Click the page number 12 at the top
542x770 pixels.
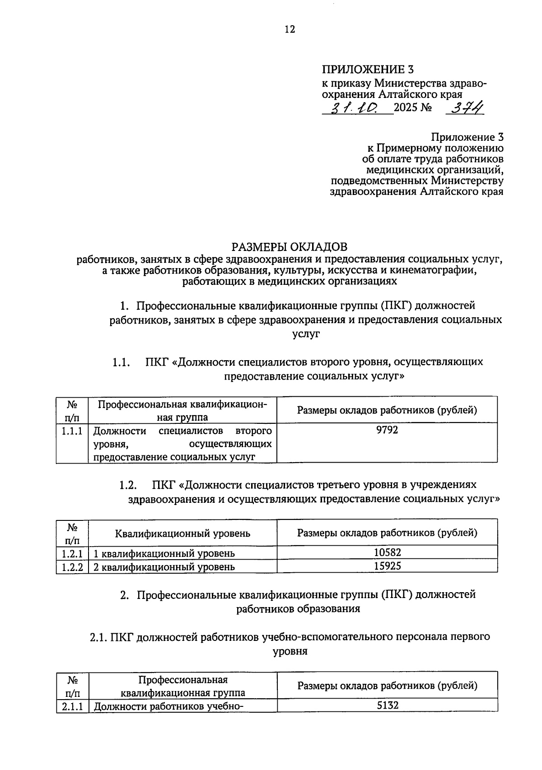tap(290, 29)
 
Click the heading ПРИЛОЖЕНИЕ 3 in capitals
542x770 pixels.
tap(367, 70)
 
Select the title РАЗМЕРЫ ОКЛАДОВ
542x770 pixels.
tap(290, 247)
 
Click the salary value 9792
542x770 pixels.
tap(387, 430)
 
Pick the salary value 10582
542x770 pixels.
tap(387, 552)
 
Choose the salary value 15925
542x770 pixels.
tap(387, 566)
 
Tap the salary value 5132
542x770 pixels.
tap(388, 705)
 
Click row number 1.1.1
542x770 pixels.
tap(72, 431)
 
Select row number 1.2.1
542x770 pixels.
tap(72, 553)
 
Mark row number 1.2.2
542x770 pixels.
tap(72, 567)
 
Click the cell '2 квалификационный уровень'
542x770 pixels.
tap(164, 567)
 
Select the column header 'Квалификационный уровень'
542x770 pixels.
tap(182, 533)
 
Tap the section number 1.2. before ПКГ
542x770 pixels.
tap(128, 485)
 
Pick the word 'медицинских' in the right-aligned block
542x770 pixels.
tap(396, 170)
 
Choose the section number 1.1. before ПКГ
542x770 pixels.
tap(121, 362)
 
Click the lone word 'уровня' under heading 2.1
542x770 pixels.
tap(290, 652)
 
